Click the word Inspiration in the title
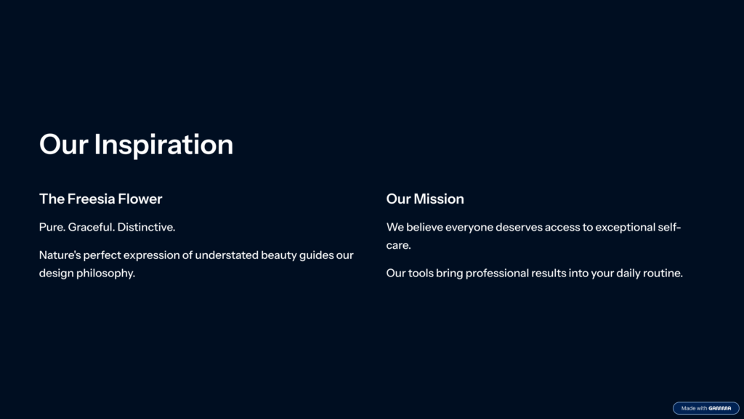tap(163, 145)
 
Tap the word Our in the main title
tap(64, 145)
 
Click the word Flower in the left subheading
tap(140, 199)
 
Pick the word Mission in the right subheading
tap(439, 199)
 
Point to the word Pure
tap(52, 227)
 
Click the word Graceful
tap(91, 227)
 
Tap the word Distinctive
tap(146, 227)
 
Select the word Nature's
tap(60, 255)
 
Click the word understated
tap(227, 255)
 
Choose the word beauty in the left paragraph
tap(278, 255)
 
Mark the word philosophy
tap(105, 274)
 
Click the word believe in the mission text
tap(424, 227)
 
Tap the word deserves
tap(519, 227)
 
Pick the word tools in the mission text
tap(421, 274)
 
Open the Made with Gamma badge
tap(705, 408)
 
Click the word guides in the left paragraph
tap(317, 255)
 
